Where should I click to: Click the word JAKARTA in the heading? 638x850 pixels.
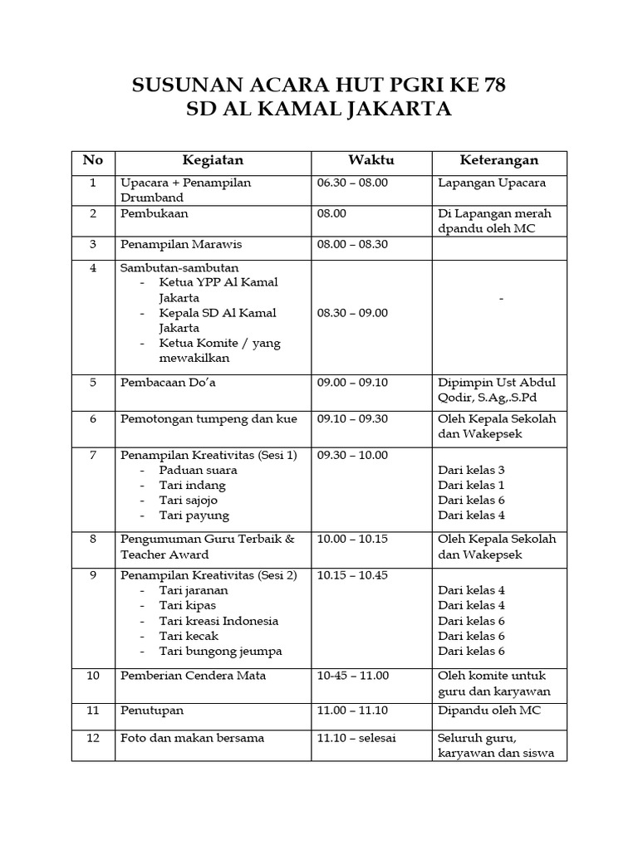click(x=393, y=110)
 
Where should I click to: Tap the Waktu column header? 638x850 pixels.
click(x=371, y=160)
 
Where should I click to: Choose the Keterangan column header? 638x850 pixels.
click(x=499, y=160)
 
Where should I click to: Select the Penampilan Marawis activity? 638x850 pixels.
click(x=175, y=245)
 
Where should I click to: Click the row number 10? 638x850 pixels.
click(x=93, y=676)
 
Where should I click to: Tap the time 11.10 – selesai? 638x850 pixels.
click(x=356, y=737)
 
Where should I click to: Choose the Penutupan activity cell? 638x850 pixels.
click(x=152, y=711)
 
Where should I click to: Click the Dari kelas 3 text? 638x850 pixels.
click(x=472, y=470)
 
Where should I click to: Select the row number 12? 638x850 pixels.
click(x=93, y=737)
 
